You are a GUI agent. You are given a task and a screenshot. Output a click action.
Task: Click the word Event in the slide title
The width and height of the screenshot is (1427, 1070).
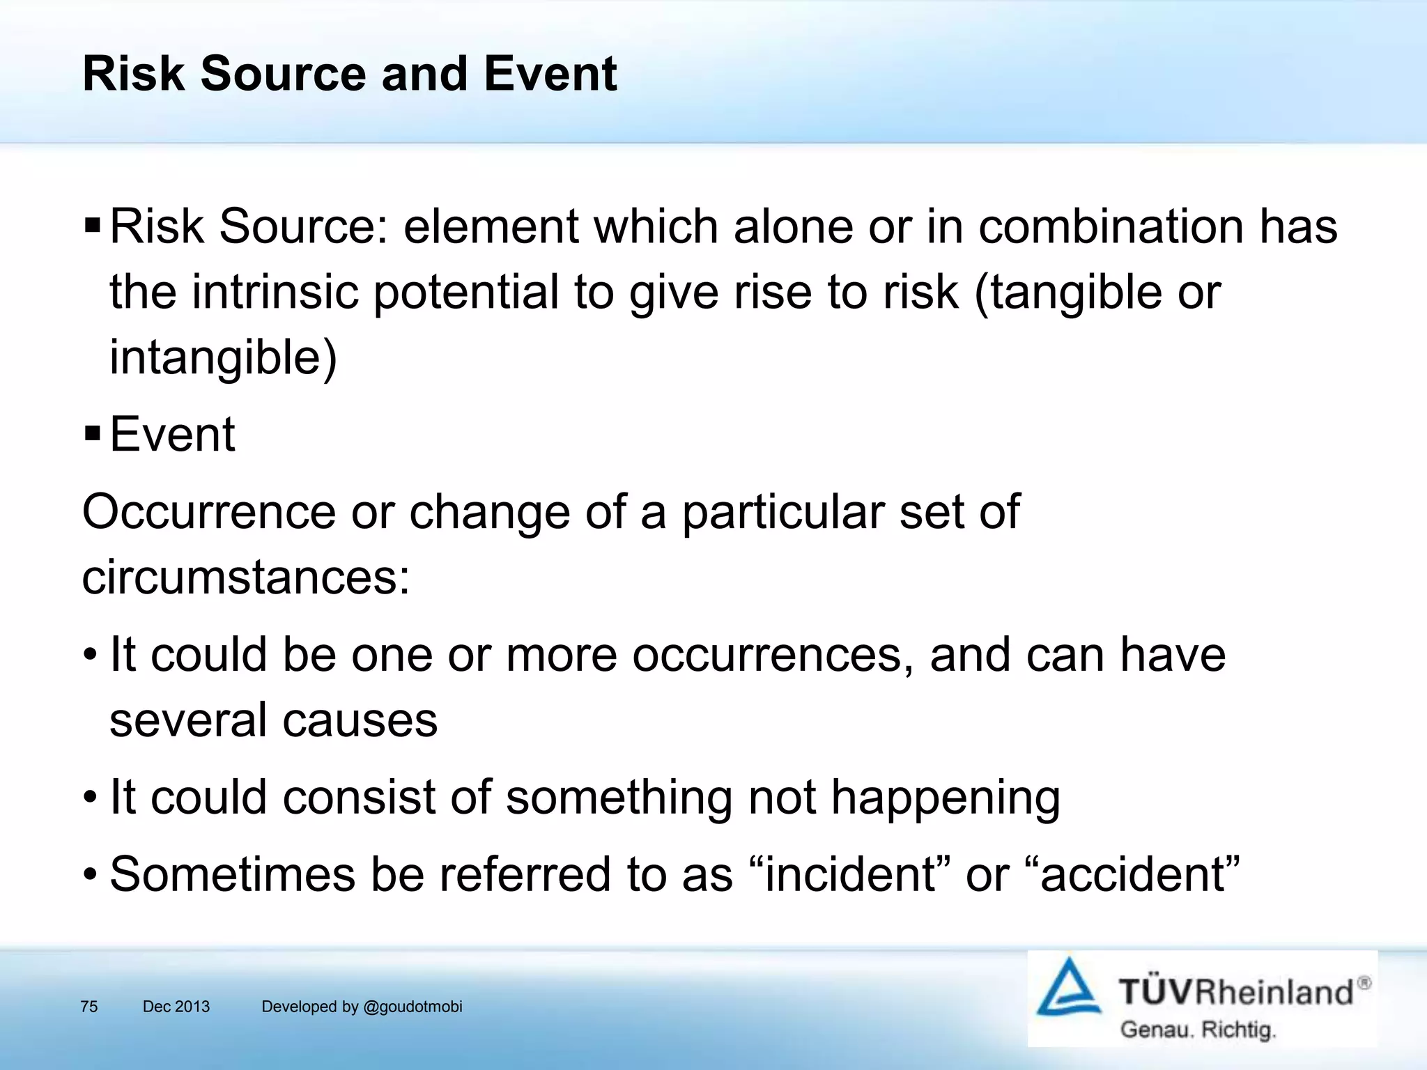(x=550, y=74)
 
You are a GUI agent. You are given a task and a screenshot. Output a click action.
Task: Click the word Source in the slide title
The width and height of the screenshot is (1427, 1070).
(x=283, y=74)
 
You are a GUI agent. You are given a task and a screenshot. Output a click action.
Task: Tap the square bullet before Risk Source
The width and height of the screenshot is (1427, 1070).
(x=92, y=226)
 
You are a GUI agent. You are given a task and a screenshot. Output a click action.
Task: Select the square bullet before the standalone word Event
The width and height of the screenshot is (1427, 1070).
(x=92, y=434)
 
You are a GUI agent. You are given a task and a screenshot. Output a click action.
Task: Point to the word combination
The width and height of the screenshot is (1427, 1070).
(x=1111, y=227)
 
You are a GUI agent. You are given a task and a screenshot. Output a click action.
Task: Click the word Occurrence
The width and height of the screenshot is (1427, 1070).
(x=209, y=512)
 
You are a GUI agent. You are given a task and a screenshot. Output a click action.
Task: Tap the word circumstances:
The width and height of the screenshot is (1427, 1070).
(x=246, y=578)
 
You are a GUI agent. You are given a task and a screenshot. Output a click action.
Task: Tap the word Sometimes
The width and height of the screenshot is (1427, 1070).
(x=232, y=875)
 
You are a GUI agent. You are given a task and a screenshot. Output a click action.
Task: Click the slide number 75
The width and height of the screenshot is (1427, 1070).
(x=89, y=1007)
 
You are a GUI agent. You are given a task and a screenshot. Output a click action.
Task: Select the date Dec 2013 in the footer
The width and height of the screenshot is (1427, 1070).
(x=176, y=1007)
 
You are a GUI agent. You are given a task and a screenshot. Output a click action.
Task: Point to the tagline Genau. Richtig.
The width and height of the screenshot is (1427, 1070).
(x=1198, y=1030)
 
